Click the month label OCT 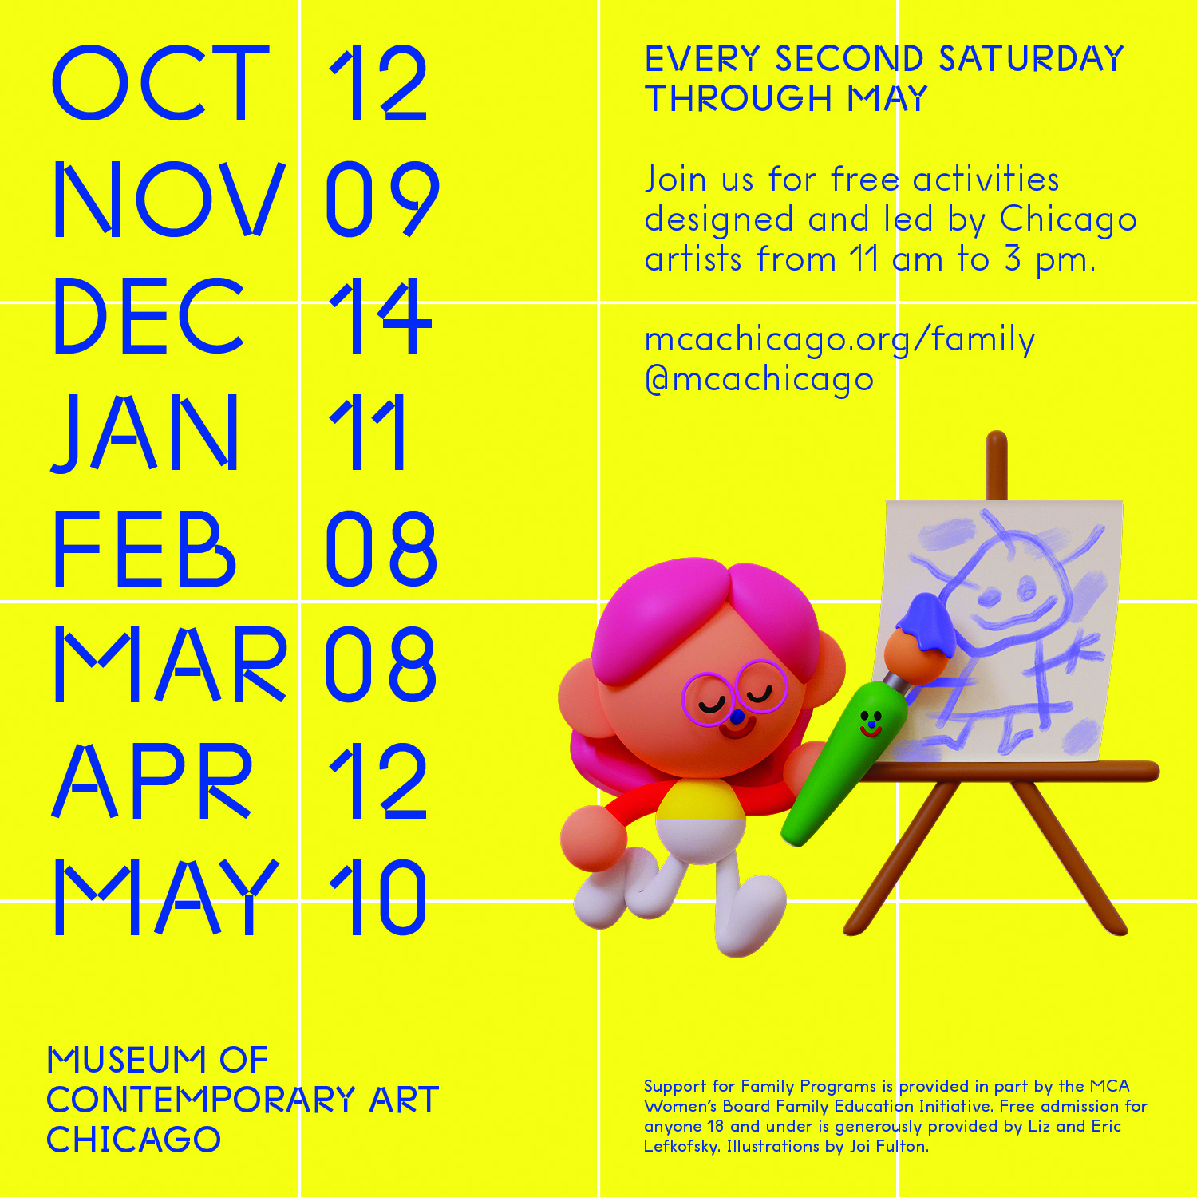(x=160, y=83)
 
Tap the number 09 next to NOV (x=381, y=199)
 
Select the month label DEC (x=148, y=315)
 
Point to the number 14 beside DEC (x=380, y=316)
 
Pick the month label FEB (x=144, y=548)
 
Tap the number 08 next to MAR (x=381, y=664)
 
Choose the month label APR (x=152, y=780)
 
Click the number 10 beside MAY (x=377, y=897)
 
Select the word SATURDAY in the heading (x=1031, y=59)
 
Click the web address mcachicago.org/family (x=839, y=340)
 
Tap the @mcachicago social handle (x=759, y=380)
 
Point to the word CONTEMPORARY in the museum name (x=200, y=1100)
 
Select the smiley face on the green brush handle (x=871, y=722)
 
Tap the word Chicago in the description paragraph (x=1069, y=219)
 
